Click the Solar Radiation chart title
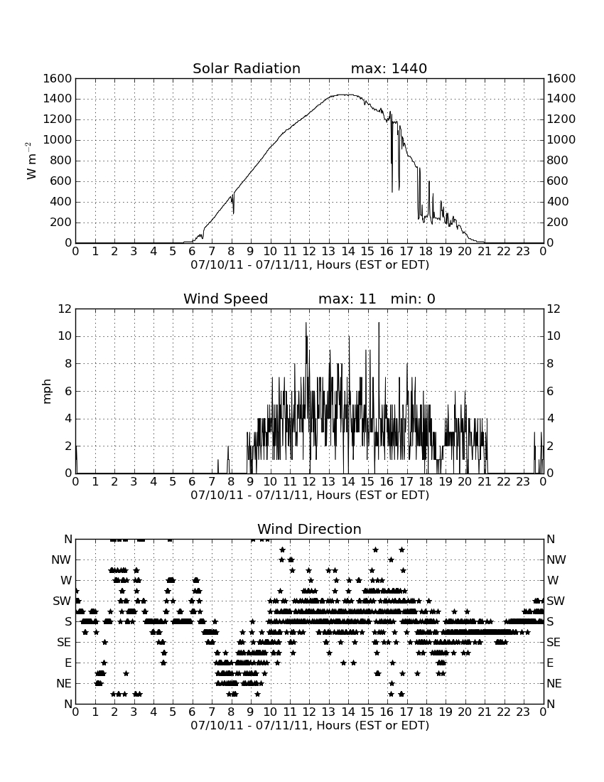pyautogui.click(x=246, y=68)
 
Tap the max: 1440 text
pyautogui.click(x=389, y=68)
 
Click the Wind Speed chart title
pyautogui.click(x=225, y=299)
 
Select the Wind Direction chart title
pyautogui.click(x=309, y=529)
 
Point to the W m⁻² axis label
pyautogui.click(x=31, y=161)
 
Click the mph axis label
pyautogui.click(x=47, y=391)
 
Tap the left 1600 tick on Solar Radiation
pyautogui.click(x=58, y=78)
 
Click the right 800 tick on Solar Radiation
pyautogui.click(x=558, y=160)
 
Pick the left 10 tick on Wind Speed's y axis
pyautogui.click(x=65, y=336)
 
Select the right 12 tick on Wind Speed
pyautogui.click(x=554, y=309)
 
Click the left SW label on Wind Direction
pyautogui.click(x=63, y=601)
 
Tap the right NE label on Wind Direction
pyautogui.click(x=554, y=683)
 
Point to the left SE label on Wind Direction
pyautogui.click(x=64, y=643)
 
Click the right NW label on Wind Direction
pyautogui.click(x=556, y=559)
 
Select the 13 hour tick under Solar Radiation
pyautogui.click(x=328, y=251)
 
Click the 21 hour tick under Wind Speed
pyautogui.click(x=484, y=481)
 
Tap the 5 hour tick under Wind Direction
pyautogui.click(x=173, y=712)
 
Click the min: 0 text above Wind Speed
pyautogui.click(x=413, y=299)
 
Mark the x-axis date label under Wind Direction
pyautogui.click(x=310, y=725)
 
